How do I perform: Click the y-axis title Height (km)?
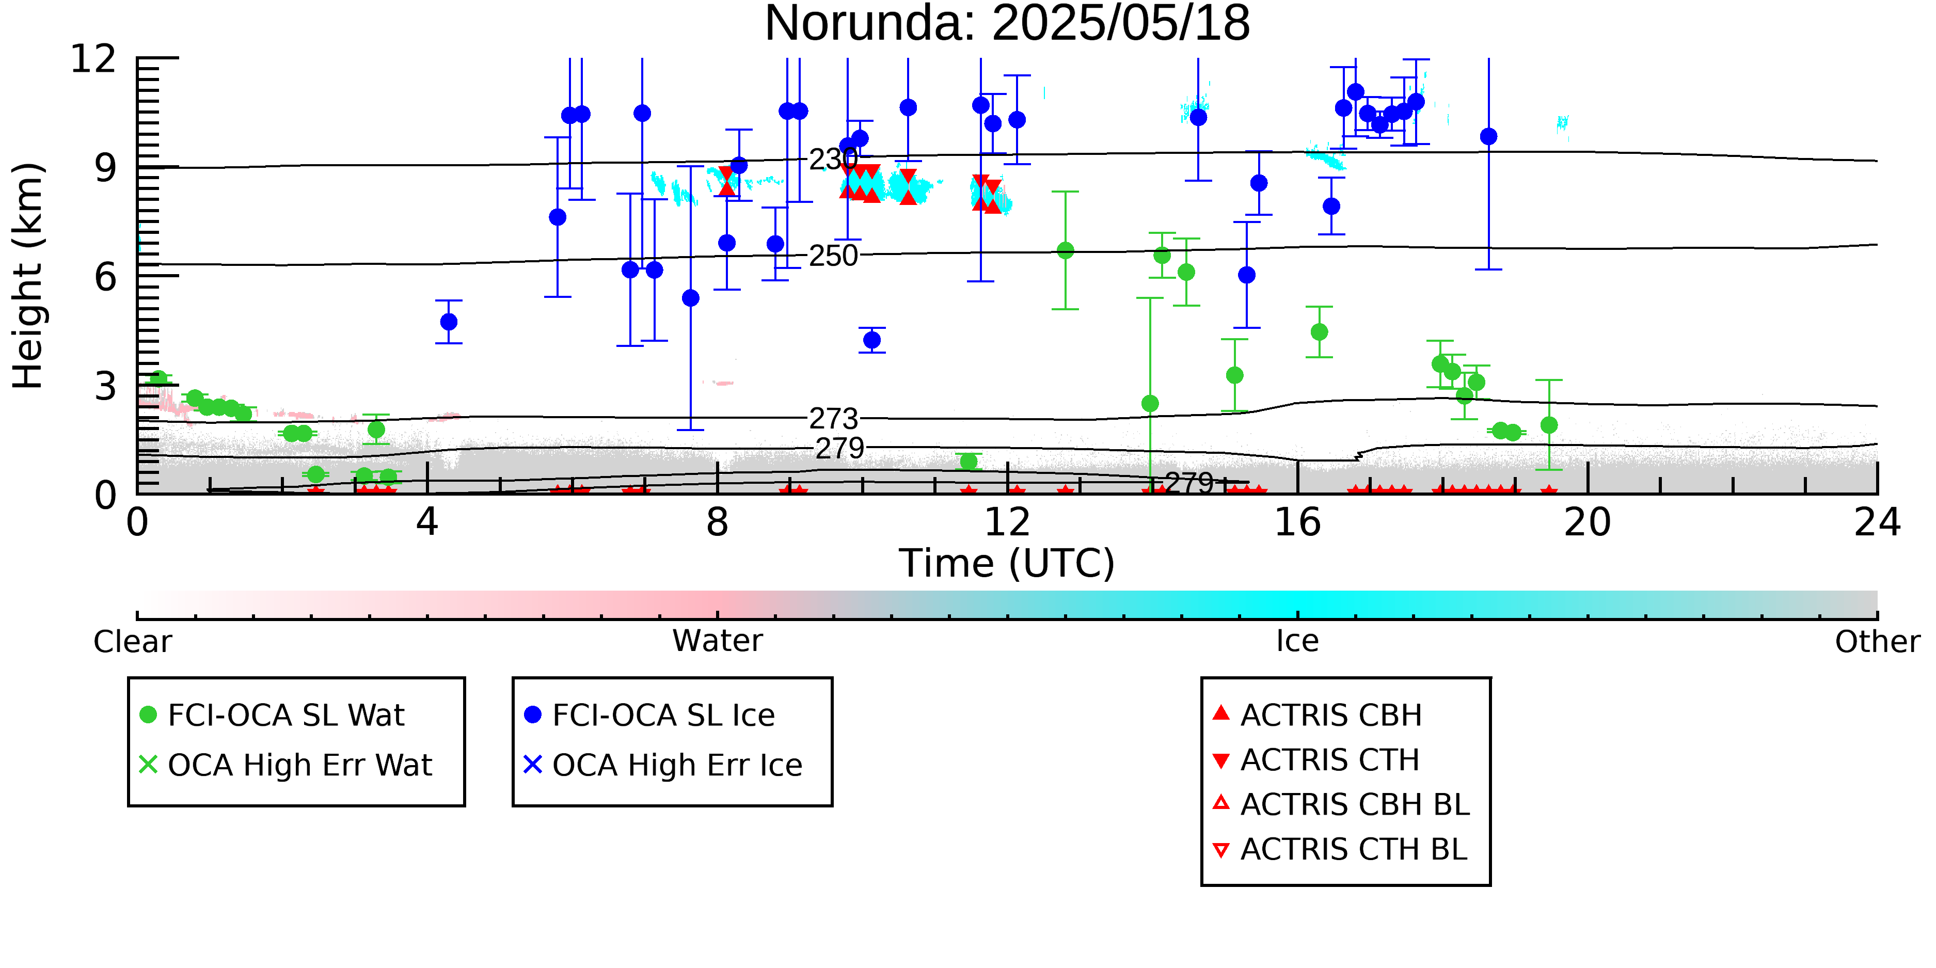[x=28, y=276]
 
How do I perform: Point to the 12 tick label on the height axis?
[x=93, y=59]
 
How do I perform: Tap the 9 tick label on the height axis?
[x=106, y=168]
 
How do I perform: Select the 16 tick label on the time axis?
[x=1297, y=522]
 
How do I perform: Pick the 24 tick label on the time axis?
[x=1877, y=522]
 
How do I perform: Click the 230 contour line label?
[x=833, y=160]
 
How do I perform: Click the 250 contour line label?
[x=833, y=256]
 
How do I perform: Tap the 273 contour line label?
[x=833, y=419]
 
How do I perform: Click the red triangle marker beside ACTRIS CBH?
[x=1221, y=712]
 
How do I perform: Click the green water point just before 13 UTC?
[x=1065, y=251]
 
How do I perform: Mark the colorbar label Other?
[x=1877, y=642]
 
